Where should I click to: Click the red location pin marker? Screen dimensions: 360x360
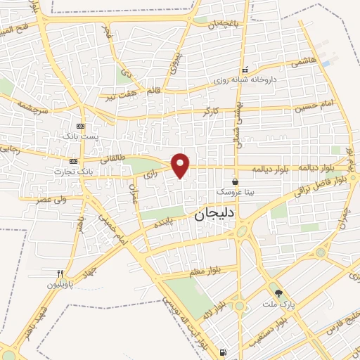(x=181, y=165)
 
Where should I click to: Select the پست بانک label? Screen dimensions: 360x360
(x=77, y=134)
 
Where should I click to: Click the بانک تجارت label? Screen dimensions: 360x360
(x=74, y=171)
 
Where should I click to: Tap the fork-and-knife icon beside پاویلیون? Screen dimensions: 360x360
(x=60, y=274)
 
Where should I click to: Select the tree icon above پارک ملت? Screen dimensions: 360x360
(x=279, y=293)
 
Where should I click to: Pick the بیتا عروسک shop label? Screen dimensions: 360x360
(x=234, y=191)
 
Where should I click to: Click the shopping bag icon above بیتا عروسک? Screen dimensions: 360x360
(x=235, y=181)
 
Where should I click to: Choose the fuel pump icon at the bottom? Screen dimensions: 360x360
(x=224, y=352)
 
